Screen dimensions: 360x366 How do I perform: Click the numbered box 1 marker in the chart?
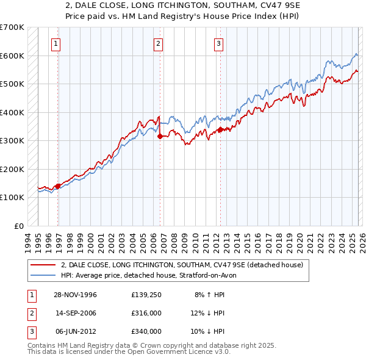56,43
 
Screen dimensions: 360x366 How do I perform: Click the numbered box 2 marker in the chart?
158,43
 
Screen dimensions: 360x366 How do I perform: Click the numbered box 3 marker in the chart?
218,43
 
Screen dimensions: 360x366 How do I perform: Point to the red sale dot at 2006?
160,137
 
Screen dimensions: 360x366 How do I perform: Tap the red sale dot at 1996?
58,186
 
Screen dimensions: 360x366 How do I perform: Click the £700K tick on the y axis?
12,27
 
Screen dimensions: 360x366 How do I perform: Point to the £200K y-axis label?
12,169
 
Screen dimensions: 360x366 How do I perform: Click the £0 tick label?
19,226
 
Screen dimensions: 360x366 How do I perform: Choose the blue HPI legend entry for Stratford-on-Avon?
152,275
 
